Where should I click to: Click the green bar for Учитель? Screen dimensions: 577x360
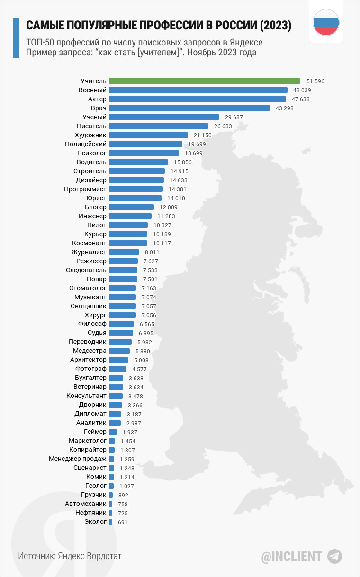click(205, 81)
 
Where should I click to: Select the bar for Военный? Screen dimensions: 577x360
click(198, 90)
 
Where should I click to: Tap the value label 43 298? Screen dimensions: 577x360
click(284, 108)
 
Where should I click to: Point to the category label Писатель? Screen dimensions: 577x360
click(91, 126)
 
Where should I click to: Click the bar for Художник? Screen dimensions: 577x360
click(148, 135)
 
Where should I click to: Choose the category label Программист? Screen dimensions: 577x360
click(85, 189)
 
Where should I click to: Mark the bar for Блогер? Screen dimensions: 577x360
click(131, 207)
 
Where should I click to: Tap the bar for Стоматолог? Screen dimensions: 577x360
click(122, 288)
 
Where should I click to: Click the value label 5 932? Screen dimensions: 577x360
click(145, 342)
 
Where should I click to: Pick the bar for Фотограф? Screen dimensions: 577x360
click(117, 369)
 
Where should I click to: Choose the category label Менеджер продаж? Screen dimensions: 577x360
click(78, 459)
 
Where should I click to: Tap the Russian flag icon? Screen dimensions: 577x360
click(326, 22)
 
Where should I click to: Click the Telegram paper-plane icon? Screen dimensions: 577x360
click(334, 556)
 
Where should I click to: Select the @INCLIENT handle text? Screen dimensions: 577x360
click(291, 556)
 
